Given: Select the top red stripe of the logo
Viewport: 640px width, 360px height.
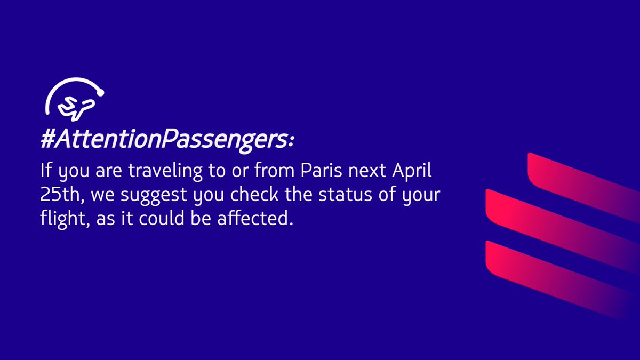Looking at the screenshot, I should (x=581, y=179).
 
